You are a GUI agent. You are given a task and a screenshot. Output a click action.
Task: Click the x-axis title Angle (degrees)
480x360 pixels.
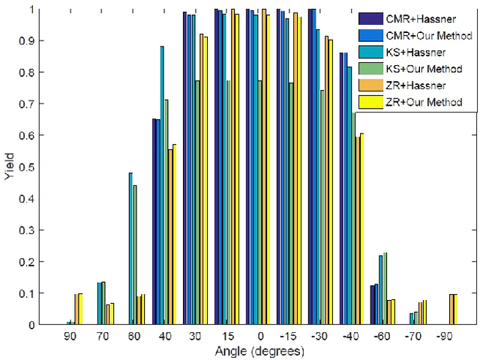(259, 351)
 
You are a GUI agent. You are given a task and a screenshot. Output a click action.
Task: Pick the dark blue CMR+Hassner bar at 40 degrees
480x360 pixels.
(154, 221)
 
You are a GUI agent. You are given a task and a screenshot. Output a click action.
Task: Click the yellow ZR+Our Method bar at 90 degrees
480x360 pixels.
(80, 309)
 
